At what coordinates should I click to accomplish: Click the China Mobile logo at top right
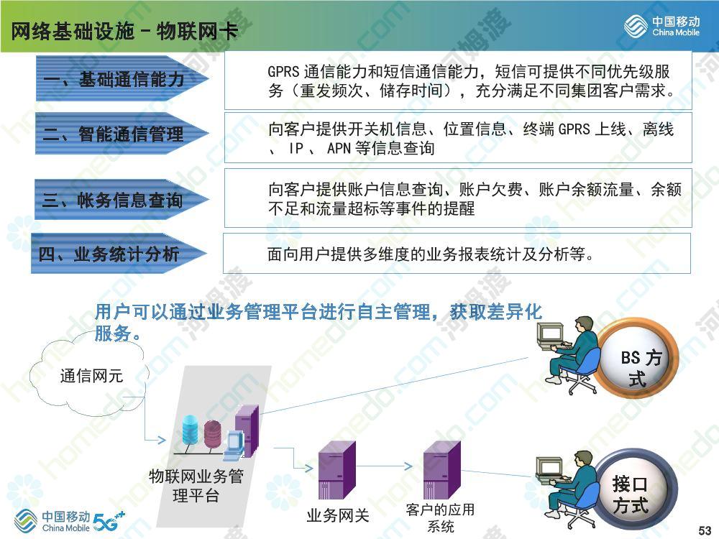coord(661,26)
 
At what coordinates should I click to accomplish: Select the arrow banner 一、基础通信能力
coord(122,78)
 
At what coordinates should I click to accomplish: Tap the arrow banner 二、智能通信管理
coord(122,134)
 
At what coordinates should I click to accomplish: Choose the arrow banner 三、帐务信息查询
coord(122,199)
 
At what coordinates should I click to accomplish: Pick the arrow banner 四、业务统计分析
coord(119,254)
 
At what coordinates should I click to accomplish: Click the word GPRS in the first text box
coord(283,71)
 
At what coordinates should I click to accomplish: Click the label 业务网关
coord(338,515)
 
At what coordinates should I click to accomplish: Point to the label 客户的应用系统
coord(440,517)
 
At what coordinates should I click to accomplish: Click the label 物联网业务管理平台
coord(196,486)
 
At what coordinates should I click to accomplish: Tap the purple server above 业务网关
coord(337,470)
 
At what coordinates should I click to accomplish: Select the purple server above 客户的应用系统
coord(442,470)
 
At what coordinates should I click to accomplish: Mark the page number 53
coord(705,530)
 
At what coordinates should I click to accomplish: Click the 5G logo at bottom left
coord(109,521)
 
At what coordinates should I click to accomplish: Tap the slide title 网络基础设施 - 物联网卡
coord(124,31)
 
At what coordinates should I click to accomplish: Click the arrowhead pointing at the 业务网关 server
coord(308,468)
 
